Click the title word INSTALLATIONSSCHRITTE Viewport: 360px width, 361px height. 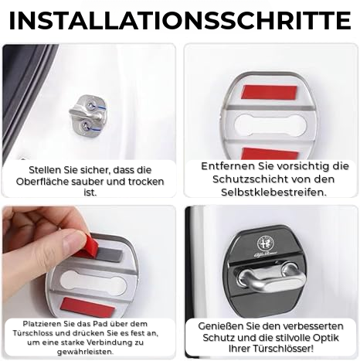[x=180, y=19]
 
